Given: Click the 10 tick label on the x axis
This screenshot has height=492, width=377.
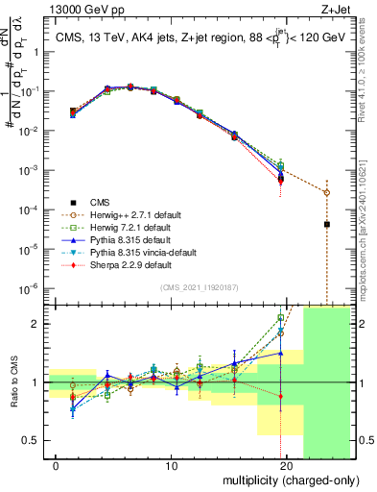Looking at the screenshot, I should point(172,466).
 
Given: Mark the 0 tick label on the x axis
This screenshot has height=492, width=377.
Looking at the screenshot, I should point(57,466).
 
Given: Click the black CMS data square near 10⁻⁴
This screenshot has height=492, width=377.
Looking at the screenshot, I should point(327,224).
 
